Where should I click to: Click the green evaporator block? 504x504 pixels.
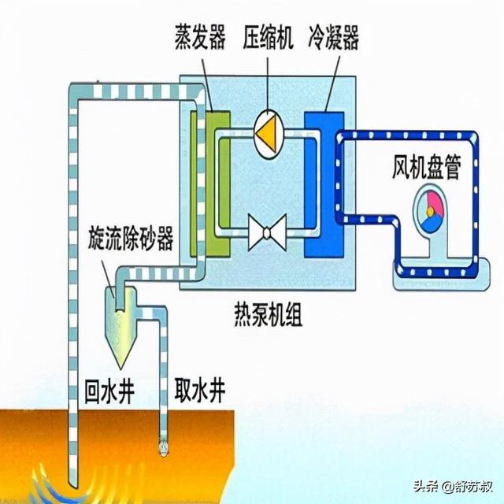tap(211, 185)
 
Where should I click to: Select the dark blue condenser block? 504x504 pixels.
tap(324, 185)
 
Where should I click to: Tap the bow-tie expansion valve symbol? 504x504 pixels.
tap(266, 233)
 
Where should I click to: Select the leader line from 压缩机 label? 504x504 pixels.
tap(267, 79)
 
